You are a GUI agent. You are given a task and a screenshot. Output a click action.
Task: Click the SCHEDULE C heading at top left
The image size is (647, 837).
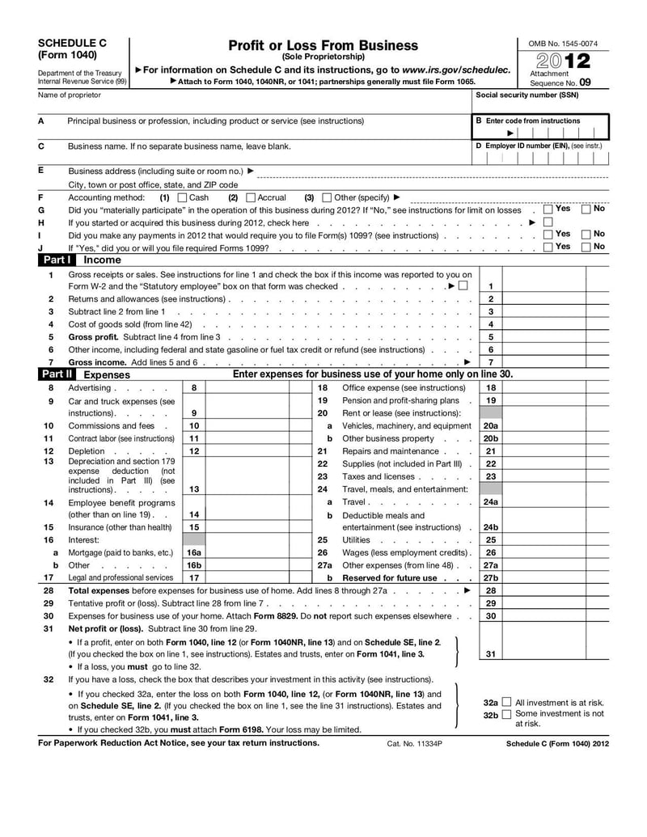click(x=72, y=43)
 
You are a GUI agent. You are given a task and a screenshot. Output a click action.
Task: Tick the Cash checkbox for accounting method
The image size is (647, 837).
click(x=181, y=197)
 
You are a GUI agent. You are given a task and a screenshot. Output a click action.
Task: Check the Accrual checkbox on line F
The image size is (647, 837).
click(x=250, y=197)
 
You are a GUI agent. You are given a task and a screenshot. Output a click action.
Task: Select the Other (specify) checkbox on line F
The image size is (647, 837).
click(x=327, y=197)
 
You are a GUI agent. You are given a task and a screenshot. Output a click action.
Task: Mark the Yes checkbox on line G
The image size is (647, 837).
click(x=548, y=209)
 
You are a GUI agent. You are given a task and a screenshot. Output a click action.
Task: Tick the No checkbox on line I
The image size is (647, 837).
click(x=586, y=235)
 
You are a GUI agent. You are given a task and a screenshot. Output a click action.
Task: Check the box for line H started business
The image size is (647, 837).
click(x=548, y=222)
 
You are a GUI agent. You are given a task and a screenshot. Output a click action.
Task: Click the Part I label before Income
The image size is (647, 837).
click(x=57, y=260)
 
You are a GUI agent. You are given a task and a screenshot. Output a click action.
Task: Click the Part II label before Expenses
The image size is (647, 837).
click(x=57, y=374)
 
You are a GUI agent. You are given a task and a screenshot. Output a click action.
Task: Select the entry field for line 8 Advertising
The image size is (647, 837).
click(x=247, y=388)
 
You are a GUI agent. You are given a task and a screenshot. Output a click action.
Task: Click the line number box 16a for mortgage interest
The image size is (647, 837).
click(x=194, y=552)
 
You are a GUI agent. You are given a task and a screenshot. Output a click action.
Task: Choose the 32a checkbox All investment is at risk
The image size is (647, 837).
click(x=506, y=703)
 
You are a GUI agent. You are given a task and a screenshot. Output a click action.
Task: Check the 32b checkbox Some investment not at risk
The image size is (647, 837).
click(x=506, y=715)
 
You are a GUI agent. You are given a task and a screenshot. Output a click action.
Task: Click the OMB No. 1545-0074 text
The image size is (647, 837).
click(x=563, y=43)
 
